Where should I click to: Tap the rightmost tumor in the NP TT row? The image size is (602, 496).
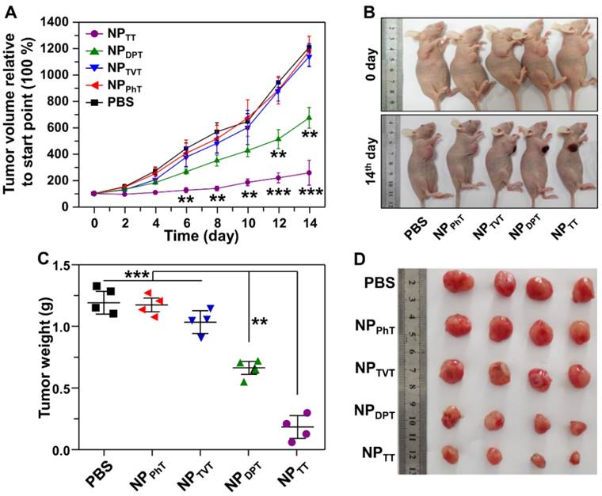coord(576,457)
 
